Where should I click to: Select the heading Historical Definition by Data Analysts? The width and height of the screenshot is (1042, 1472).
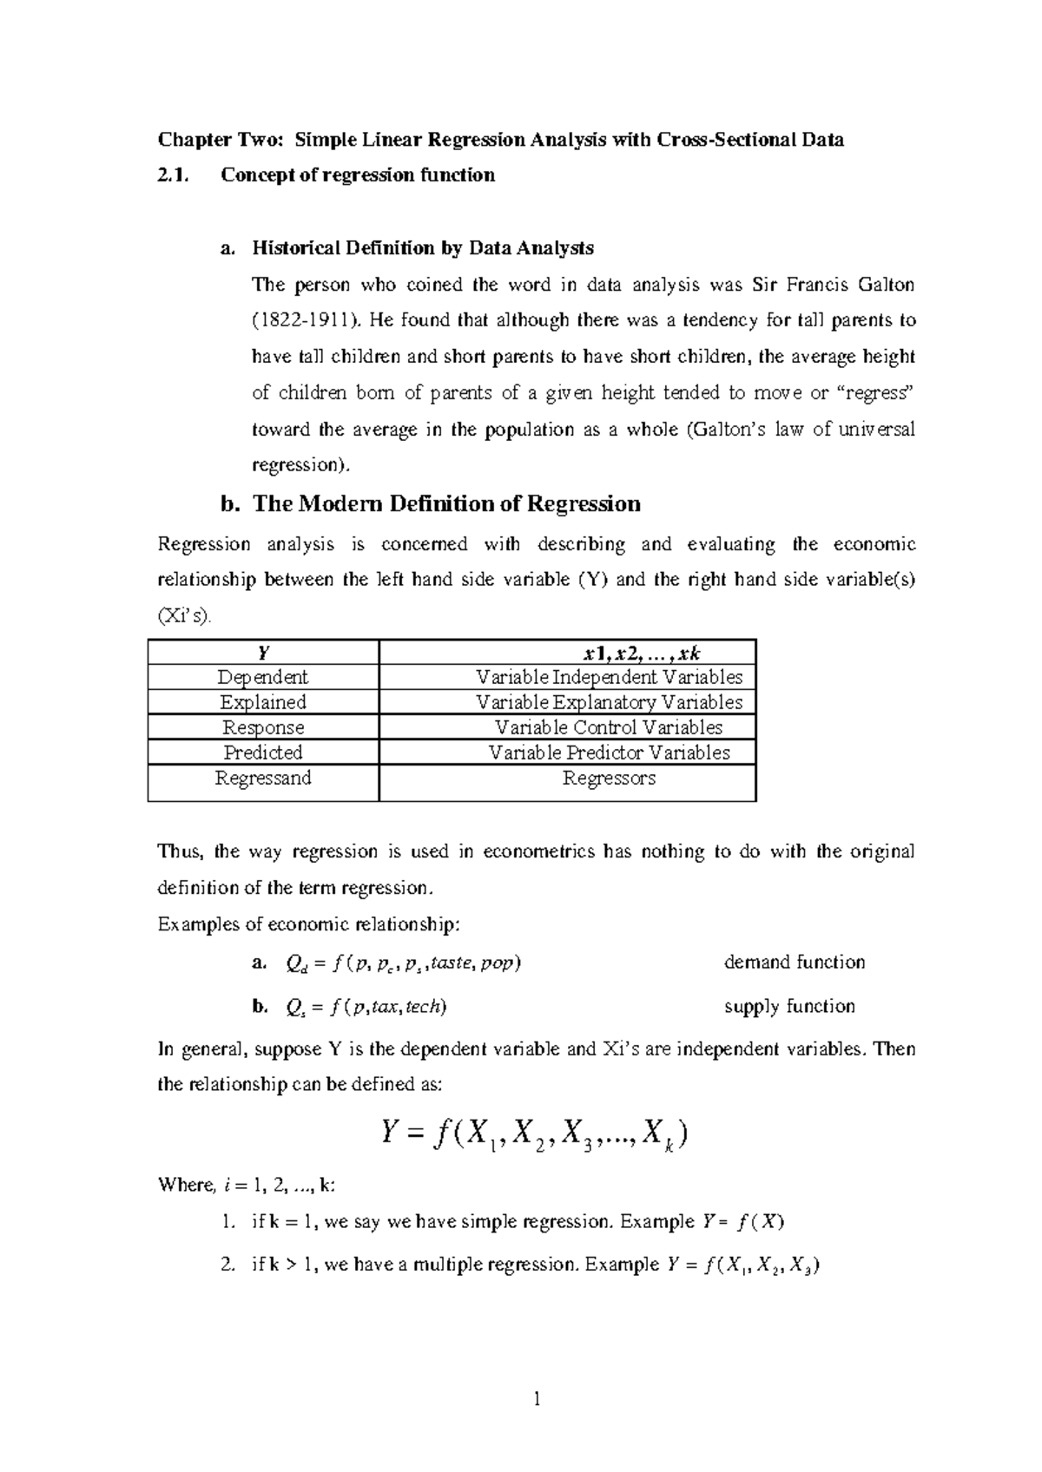[422, 248]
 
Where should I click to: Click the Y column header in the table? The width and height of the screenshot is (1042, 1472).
[263, 653]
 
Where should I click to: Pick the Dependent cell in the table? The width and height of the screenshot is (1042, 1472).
[263, 677]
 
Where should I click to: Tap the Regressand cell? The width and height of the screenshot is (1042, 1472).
[263, 778]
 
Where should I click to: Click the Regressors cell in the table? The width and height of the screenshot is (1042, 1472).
[609, 778]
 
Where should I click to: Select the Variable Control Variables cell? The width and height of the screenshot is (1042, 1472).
[609, 727]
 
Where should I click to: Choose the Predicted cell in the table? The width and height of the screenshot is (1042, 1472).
[263, 752]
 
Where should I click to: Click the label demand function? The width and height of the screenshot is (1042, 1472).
[794, 962]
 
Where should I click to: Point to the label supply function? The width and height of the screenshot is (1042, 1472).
[788, 1006]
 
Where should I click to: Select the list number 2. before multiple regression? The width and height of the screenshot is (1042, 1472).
[228, 1265]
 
